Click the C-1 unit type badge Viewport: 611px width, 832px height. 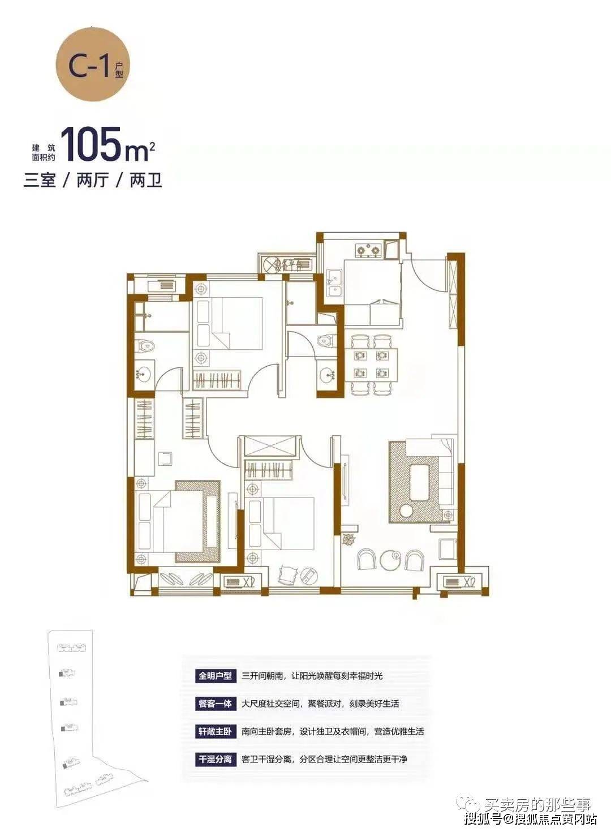92,65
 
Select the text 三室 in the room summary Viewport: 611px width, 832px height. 40,181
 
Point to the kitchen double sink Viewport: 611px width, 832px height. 334,284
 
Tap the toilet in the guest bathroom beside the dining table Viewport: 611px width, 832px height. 326,340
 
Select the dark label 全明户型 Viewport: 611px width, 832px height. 216,676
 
